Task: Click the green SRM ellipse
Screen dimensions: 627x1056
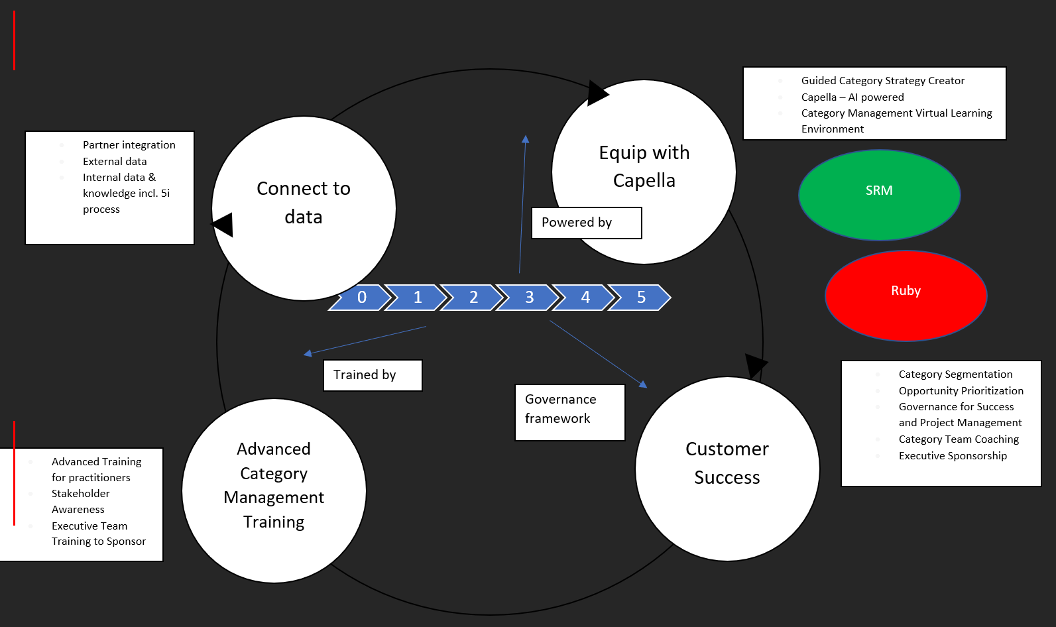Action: point(879,194)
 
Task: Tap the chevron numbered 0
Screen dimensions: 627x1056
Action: point(361,298)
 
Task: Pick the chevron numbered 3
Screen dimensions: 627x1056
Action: point(529,298)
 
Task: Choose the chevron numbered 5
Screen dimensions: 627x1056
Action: point(640,298)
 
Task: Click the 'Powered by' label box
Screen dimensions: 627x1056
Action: point(586,223)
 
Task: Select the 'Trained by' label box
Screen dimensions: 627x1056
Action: point(373,375)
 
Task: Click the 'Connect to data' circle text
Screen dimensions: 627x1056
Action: point(304,203)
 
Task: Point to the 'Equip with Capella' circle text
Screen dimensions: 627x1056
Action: point(644,166)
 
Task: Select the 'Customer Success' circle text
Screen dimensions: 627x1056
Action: point(727,463)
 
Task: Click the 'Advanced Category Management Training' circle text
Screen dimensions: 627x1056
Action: point(274,485)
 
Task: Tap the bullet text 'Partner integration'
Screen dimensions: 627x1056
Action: point(129,145)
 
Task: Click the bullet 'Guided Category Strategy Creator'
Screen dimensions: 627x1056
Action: point(882,81)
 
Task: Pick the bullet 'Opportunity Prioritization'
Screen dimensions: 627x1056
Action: point(961,391)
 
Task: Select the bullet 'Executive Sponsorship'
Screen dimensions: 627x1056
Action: point(953,456)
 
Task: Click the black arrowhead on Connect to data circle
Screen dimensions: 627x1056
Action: point(224,225)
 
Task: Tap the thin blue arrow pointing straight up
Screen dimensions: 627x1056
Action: point(522,205)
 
